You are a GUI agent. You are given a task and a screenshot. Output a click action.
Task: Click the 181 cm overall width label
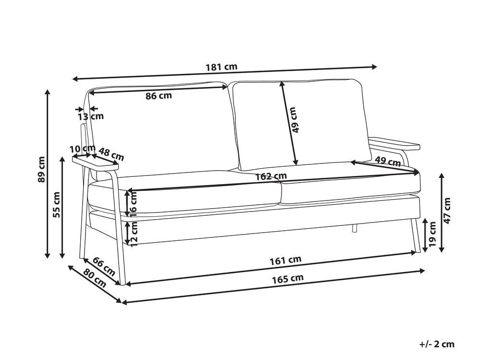click(x=222, y=67)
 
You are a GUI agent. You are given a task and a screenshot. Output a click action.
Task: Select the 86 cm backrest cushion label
click(x=159, y=96)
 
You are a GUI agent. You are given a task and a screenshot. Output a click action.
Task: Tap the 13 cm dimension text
click(x=91, y=116)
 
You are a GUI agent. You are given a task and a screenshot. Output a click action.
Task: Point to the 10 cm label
click(x=83, y=149)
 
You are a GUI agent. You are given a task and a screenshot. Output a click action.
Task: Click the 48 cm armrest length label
click(x=111, y=154)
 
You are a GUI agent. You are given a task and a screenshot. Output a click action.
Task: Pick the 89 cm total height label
click(x=41, y=169)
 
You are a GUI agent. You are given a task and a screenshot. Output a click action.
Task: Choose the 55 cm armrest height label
click(x=57, y=204)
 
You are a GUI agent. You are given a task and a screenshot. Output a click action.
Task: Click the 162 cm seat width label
click(x=271, y=176)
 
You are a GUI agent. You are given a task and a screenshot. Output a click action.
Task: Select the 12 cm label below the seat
click(x=134, y=234)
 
